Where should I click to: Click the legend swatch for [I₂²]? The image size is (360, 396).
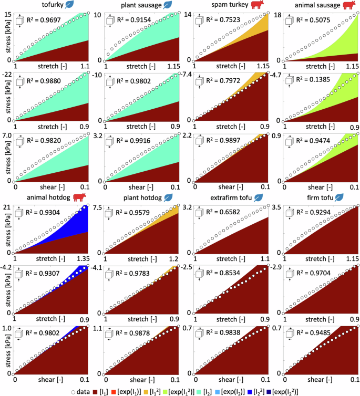click(x=268, y=390)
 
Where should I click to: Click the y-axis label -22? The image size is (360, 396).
click(x=7, y=75)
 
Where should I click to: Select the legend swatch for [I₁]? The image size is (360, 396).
click(x=97, y=390)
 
